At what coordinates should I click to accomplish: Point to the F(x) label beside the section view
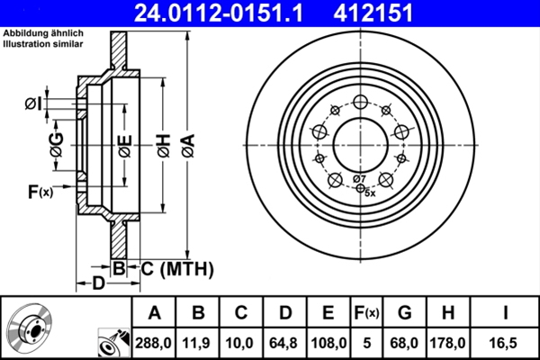click(40, 191)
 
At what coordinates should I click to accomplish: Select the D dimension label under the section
click(100, 284)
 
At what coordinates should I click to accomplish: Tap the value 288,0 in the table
click(154, 342)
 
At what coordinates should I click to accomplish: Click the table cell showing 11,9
click(198, 342)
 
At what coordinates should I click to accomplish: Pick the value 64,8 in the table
click(284, 342)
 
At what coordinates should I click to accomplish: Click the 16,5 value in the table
click(506, 342)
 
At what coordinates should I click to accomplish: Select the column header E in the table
click(328, 313)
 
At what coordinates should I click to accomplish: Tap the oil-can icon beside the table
click(112, 341)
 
